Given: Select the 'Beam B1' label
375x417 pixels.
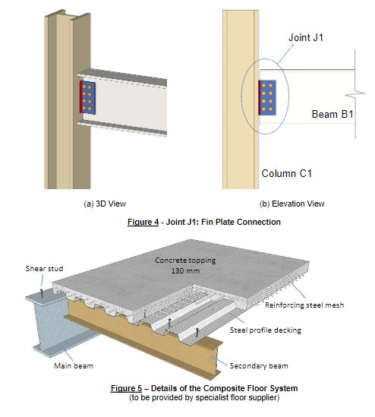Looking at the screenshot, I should [334, 115].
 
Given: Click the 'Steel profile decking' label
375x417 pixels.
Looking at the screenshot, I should [265, 329].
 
